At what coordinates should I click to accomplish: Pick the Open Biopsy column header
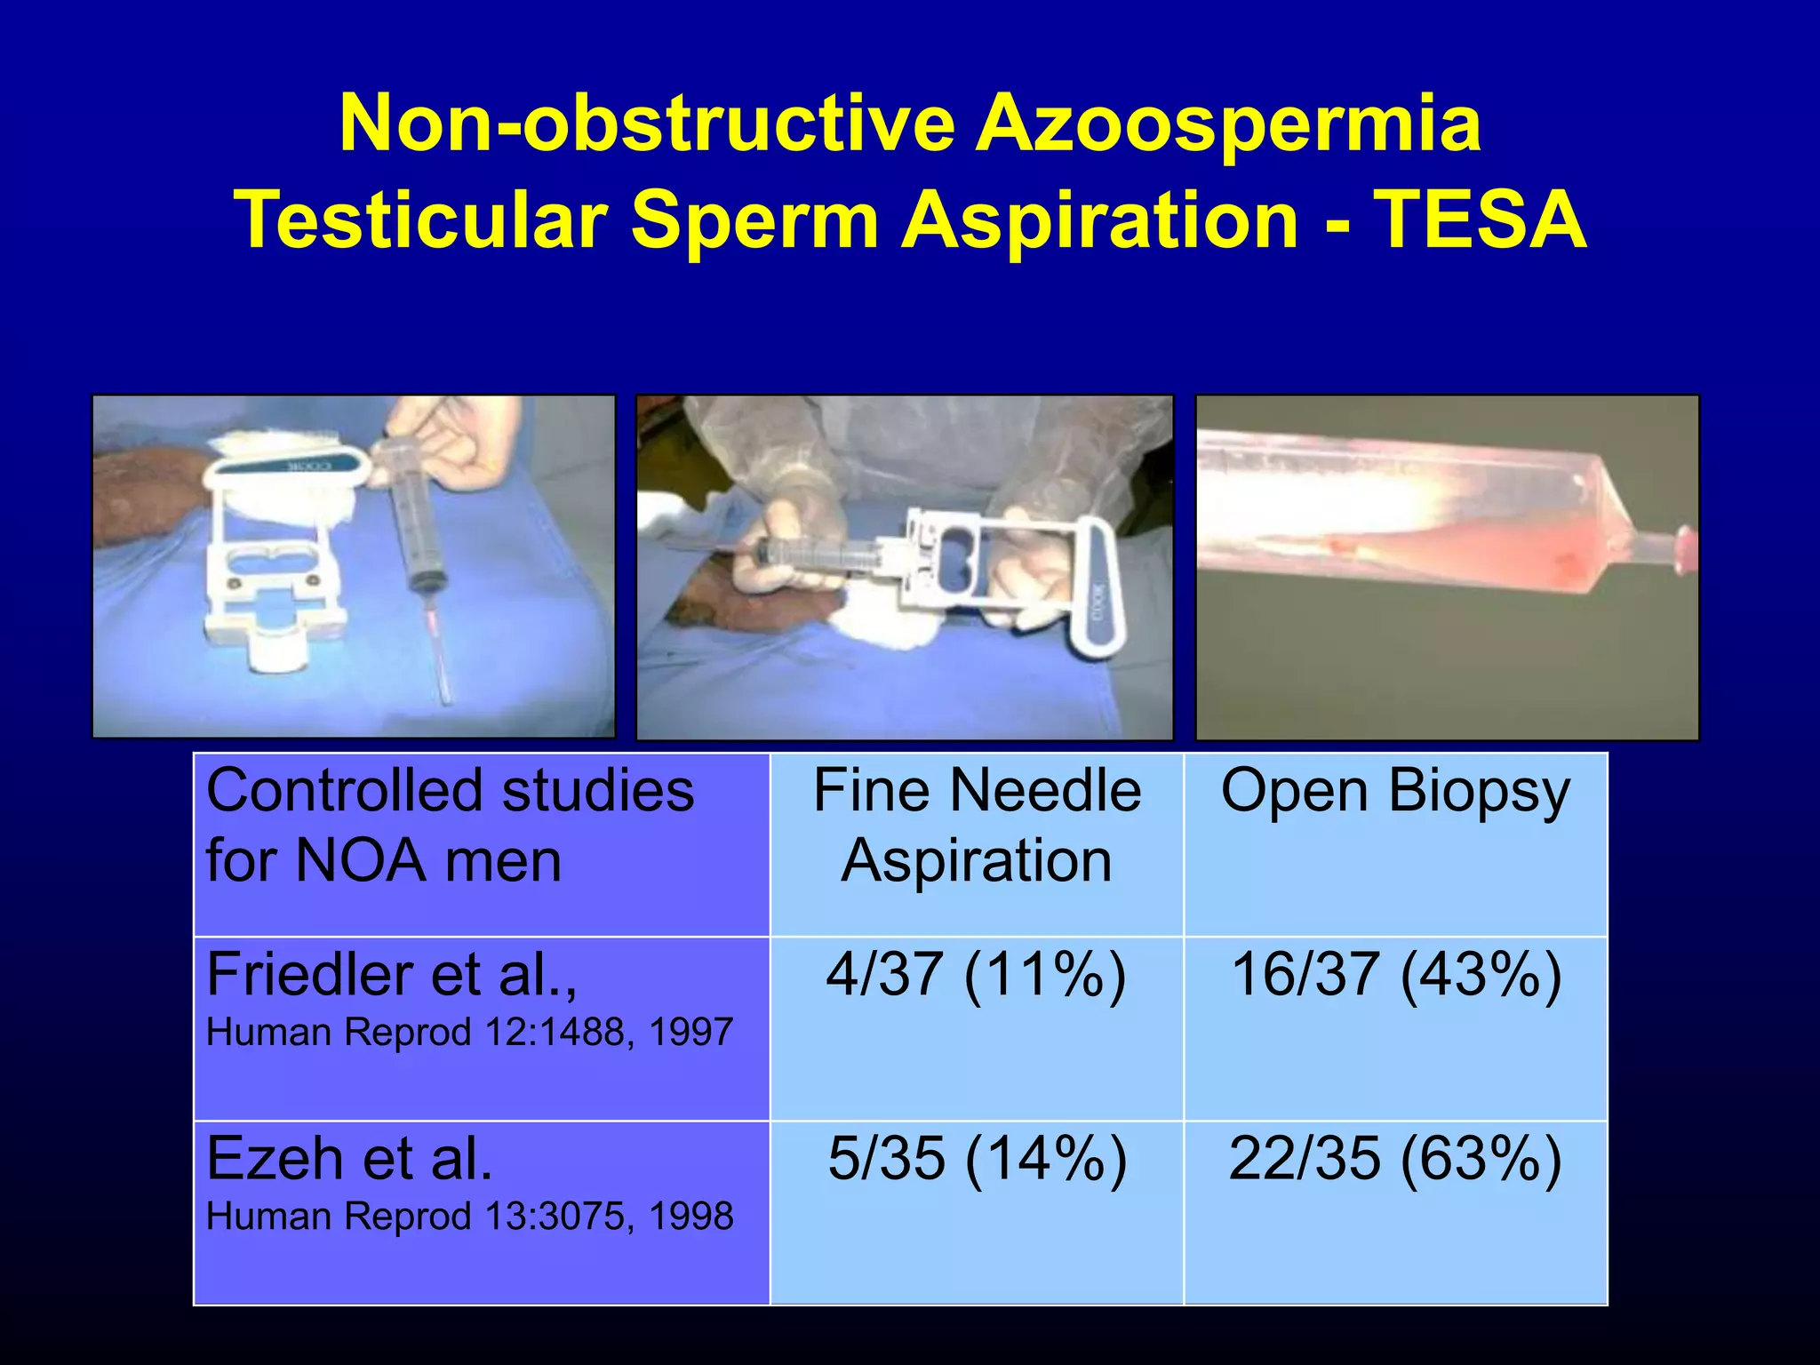coord(1395,791)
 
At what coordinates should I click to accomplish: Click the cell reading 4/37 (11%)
coord(976,975)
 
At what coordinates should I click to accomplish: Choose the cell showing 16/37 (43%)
coord(1395,975)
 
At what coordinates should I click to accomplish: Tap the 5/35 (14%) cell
coord(976,1159)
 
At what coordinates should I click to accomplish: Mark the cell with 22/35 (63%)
coord(1395,1159)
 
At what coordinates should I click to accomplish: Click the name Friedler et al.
coord(391,975)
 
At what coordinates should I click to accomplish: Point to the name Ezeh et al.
coord(349,1159)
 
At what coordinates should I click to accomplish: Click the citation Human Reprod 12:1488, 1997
coord(469,1033)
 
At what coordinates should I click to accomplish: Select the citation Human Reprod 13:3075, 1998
coord(469,1217)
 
